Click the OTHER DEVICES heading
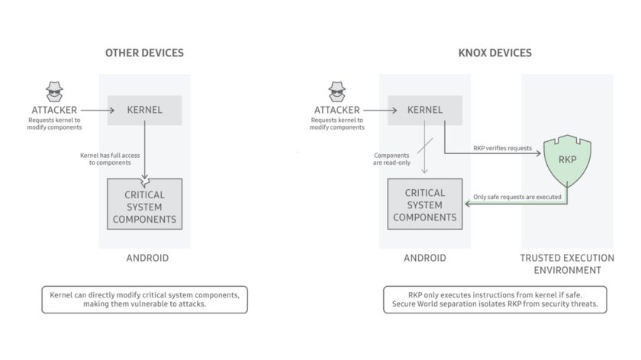144,53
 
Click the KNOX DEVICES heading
495,53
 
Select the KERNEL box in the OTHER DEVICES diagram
144,110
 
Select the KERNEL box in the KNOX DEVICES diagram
425,110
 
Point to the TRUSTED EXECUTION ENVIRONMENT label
566,264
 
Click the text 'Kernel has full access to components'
110,159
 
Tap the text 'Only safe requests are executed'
517,198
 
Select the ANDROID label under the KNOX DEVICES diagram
425,258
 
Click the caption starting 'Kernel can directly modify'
144,299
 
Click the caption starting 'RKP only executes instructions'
495,299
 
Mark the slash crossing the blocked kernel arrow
425,143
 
